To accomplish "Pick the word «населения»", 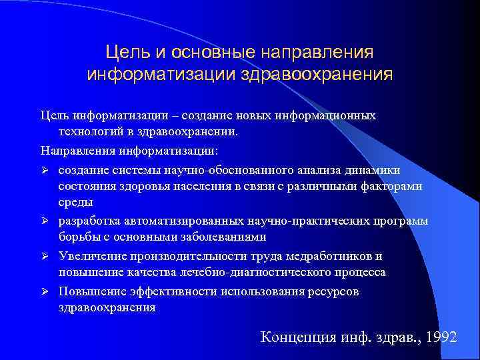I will pyautogui.click(x=198, y=186).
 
